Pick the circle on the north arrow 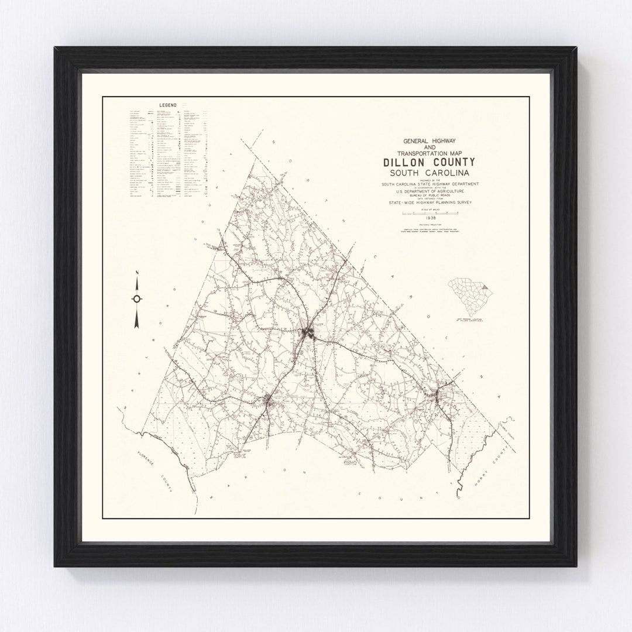(136, 298)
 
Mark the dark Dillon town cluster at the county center (308, 334)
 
